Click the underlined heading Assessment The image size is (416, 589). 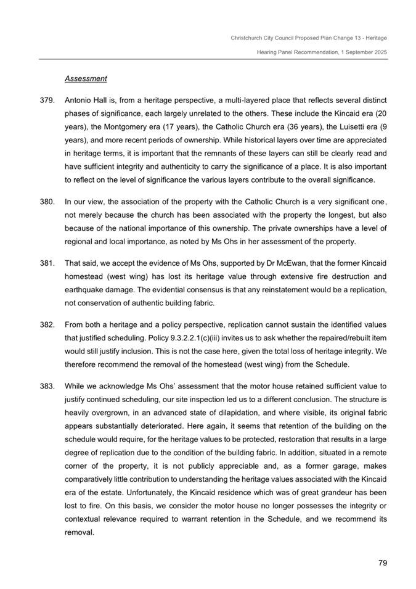coord(86,79)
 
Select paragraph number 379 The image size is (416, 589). coord(47,99)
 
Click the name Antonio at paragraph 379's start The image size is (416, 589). coord(78,99)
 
